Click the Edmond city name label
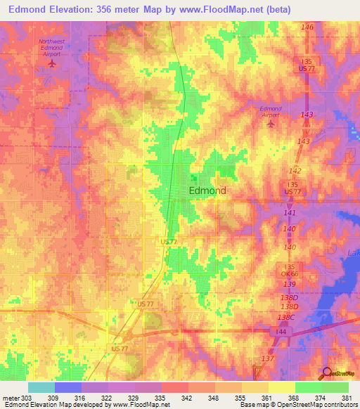coord(207,190)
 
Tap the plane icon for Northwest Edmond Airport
coord(51,64)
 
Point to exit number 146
coord(307,27)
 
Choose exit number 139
coord(288,283)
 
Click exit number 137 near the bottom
coord(267,359)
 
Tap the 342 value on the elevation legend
coord(187,398)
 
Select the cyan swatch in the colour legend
coord(41,387)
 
